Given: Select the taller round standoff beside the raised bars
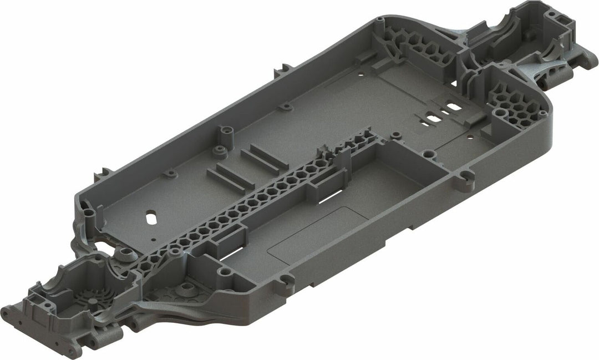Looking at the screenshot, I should tap(225, 134).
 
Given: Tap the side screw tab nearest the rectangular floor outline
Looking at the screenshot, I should tap(287, 282).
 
